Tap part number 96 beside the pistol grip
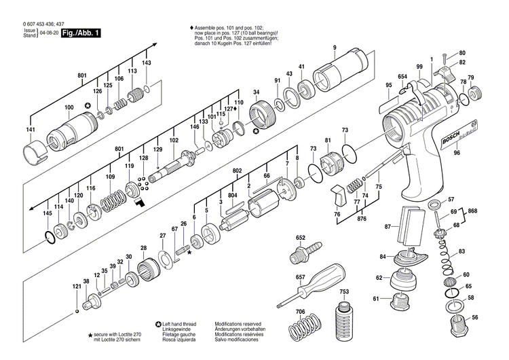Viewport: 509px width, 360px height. click(x=457, y=154)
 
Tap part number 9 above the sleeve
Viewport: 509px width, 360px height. click(x=335, y=47)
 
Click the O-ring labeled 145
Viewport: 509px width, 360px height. click(x=49, y=238)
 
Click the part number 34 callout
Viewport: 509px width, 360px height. click(x=256, y=92)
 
